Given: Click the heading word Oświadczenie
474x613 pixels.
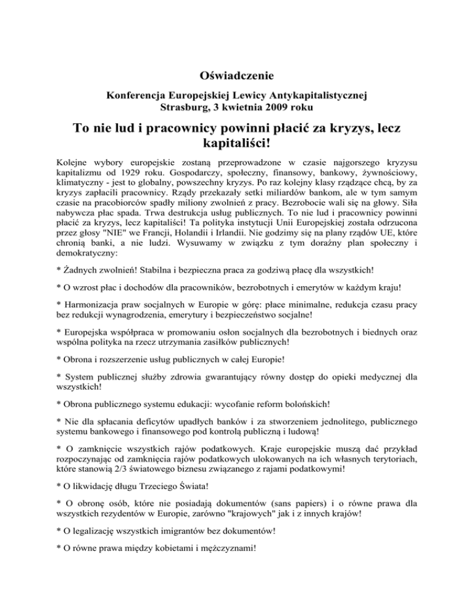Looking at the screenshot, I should [x=237, y=76].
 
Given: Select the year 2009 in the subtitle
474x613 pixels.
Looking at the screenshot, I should [x=271, y=107].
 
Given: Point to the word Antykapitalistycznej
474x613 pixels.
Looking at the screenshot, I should [x=315, y=95].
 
